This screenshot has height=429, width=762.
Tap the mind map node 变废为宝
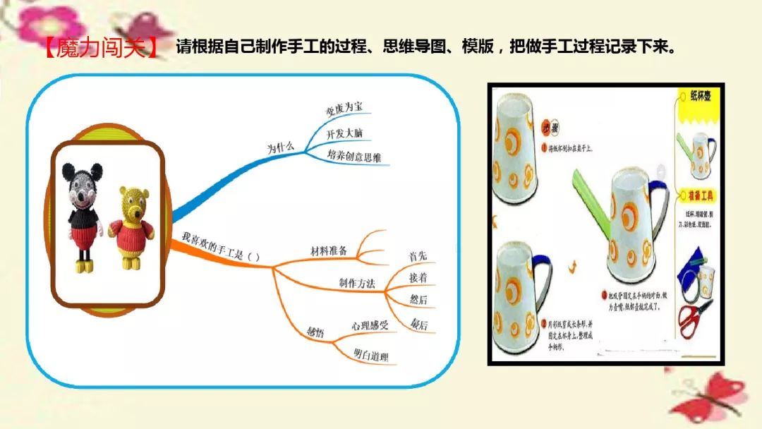click(344, 108)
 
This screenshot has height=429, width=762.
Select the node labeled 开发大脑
click(345, 133)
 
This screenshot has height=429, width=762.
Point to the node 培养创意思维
click(354, 156)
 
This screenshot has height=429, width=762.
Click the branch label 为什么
click(280, 148)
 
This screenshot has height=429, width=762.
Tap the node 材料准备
click(329, 250)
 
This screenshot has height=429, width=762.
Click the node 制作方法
click(356, 283)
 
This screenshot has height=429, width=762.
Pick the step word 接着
click(418, 277)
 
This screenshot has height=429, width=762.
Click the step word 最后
click(419, 325)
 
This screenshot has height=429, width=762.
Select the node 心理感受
click(370, 325)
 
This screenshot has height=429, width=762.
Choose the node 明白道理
click(370, 356)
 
